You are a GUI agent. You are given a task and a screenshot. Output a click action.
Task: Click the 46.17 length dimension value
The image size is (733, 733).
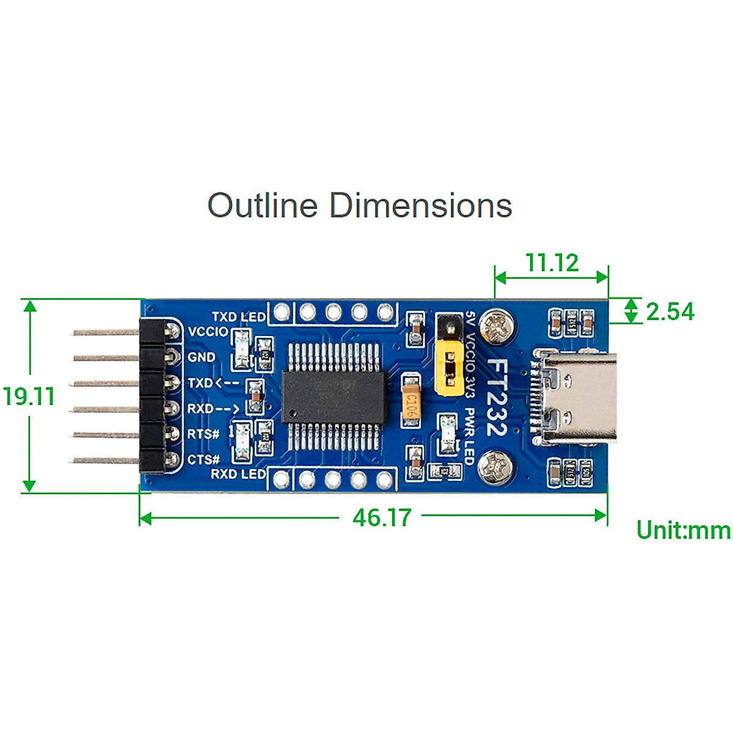[382, 517]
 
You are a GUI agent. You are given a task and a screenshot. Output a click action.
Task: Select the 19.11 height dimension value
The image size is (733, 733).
[29, 396]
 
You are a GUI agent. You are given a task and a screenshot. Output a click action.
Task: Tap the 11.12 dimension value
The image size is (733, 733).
[552, 263]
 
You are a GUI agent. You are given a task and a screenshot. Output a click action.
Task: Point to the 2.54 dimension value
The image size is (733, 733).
[670, 312]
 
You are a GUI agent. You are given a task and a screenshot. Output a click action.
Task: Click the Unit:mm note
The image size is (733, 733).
[683, 530]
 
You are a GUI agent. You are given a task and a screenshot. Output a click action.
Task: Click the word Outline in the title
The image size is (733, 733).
[263, 205]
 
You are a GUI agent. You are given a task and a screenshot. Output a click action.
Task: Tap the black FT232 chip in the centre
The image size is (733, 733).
[334, 396]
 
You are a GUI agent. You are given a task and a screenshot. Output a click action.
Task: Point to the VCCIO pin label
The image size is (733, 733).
[208, 332]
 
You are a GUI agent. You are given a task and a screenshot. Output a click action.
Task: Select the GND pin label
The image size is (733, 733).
[202, 357]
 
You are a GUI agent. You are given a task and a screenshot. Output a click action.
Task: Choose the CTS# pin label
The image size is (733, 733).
[203, 459]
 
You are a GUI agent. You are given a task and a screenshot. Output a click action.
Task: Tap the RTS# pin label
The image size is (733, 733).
[203, 434]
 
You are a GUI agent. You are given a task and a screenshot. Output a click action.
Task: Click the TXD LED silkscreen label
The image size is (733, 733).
[238, 316]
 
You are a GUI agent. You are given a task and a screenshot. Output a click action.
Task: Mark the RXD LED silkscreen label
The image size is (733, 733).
[238, 474]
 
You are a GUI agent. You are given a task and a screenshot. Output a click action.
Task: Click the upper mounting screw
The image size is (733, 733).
[496, 326]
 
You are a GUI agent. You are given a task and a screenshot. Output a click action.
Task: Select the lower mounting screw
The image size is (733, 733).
[496, 467]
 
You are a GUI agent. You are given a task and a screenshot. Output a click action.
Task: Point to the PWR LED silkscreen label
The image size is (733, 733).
[469, 436]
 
